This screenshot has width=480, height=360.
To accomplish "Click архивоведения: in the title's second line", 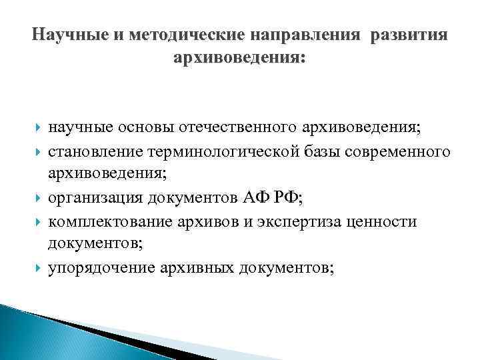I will [x=239, y=59].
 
